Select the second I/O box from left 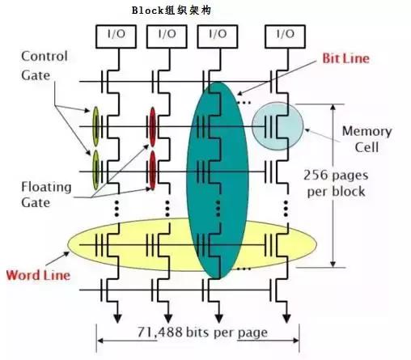164,35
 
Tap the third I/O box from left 218,35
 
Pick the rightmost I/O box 284,35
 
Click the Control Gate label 44,64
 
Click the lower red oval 151,167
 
